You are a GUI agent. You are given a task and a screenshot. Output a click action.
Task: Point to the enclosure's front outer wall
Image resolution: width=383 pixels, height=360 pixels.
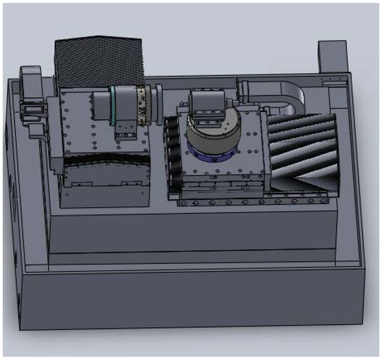coord(188,306)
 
